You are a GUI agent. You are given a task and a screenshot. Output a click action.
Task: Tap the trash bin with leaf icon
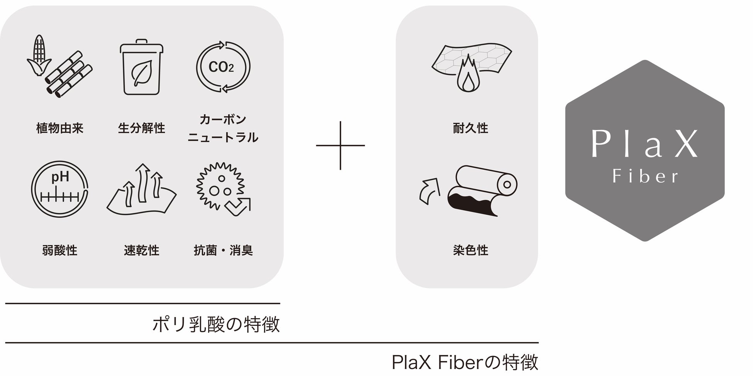141,67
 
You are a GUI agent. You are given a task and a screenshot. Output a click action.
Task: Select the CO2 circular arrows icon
223,67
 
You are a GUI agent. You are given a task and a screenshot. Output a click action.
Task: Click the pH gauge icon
59,189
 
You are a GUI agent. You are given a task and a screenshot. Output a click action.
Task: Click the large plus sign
340,145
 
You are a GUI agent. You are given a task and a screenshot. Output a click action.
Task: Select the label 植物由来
60,128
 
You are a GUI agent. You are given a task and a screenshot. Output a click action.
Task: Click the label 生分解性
141,128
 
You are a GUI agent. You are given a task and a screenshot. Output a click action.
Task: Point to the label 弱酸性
60,251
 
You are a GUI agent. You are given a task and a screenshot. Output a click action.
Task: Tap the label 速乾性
141,251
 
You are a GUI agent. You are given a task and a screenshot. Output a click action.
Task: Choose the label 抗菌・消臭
223,251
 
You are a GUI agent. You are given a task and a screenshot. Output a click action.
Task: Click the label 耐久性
470,128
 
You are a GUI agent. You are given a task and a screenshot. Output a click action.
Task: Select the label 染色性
470,251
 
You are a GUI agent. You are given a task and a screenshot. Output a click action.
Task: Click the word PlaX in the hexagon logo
644,144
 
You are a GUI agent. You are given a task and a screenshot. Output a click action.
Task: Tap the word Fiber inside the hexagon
645,177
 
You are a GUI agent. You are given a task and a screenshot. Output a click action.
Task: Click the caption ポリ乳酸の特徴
216,324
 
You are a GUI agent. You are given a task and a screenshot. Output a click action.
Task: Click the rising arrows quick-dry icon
141,189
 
